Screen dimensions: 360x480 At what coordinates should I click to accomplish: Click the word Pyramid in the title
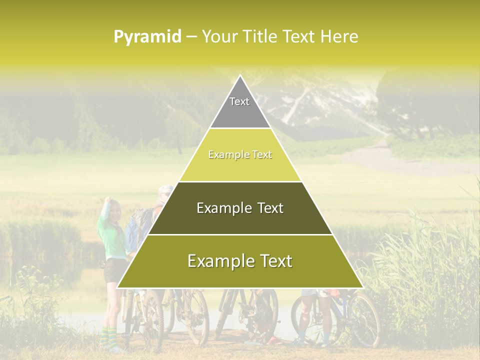tap(147, 37)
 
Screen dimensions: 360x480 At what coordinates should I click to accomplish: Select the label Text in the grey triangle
tap(239, 101)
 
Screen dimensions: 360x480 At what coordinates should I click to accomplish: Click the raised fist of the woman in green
tap(107, 200)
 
